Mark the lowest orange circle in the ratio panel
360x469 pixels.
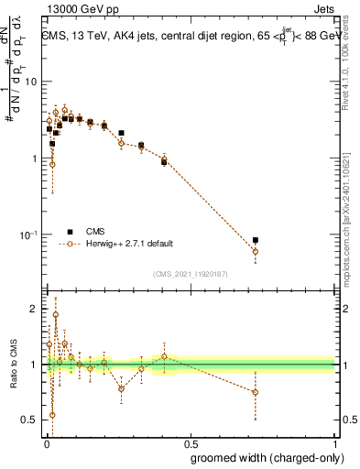(52, 415)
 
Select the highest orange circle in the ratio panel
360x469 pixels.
(55, 315)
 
